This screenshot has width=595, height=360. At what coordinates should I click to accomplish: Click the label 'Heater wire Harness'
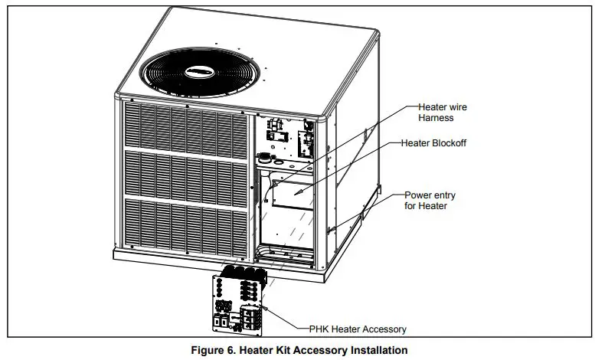click(442, 112)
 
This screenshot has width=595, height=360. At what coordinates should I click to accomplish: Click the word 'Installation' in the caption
click(374, 350)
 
